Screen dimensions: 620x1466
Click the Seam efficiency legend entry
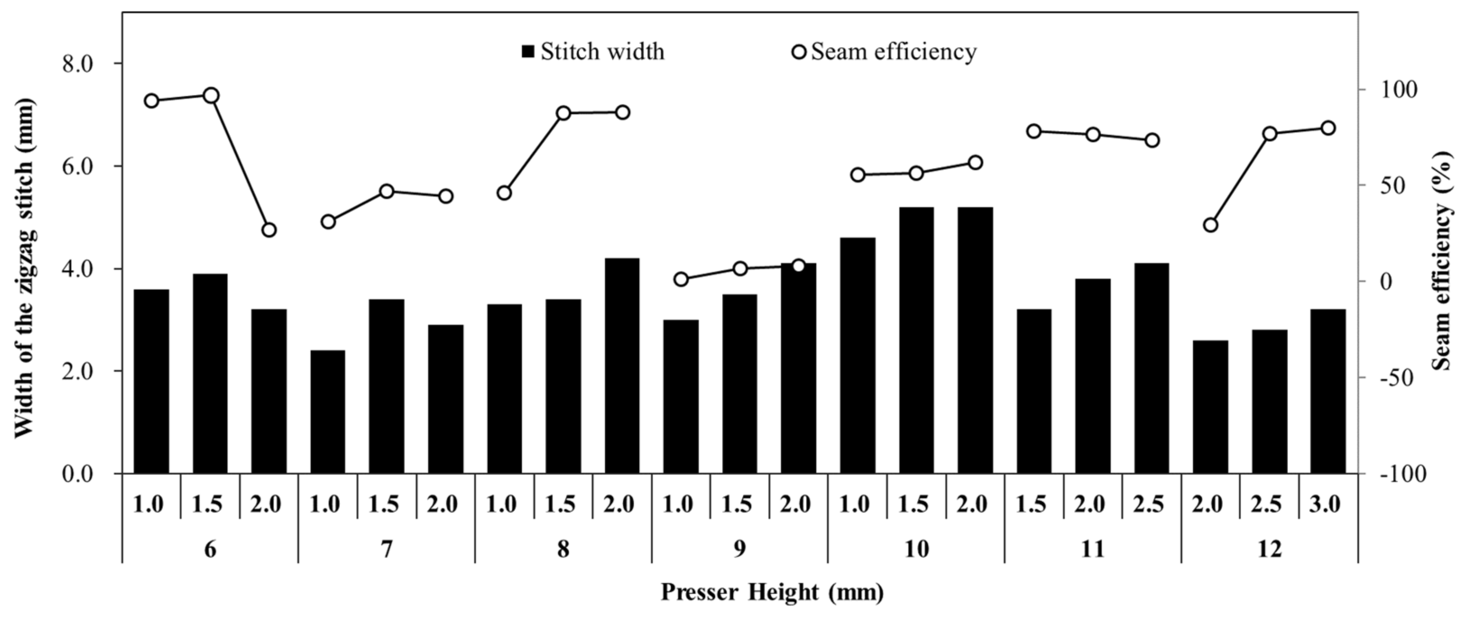pos(884,52)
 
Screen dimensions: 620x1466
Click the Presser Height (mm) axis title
pos(772,592)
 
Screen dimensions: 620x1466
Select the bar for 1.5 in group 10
pos(916,340)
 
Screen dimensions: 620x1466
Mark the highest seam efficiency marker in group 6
pos(211,95)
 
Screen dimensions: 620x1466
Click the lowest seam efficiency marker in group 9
pos(681,279)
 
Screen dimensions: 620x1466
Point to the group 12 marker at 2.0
pos(1211,225)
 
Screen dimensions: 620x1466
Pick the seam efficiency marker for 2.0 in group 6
pos(269,230)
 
